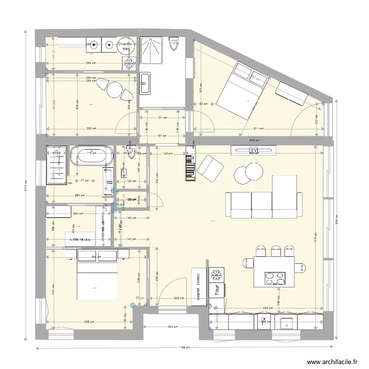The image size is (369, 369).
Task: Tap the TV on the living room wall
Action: click(253, 150)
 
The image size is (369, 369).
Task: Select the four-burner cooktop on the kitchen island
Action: click(275, 278)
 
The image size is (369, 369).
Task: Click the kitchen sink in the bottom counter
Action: click(286, 323)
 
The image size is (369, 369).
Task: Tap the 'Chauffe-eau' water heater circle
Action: click(126, 46)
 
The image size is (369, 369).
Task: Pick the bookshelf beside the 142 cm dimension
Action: click(189, 164)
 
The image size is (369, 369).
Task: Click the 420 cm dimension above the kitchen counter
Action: click(266, 308)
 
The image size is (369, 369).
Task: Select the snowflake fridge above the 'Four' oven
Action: click(215, 275)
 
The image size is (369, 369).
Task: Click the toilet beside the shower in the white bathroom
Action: click(173, 46)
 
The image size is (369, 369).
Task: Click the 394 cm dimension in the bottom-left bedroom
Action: click(95, 257)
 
